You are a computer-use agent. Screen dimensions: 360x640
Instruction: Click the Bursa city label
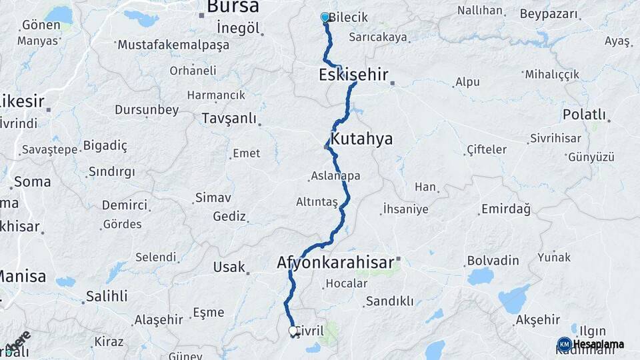(233, 7)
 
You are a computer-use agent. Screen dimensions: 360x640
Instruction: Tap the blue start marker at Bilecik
(325, 17)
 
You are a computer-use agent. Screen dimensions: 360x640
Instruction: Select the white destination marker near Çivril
(293, 331)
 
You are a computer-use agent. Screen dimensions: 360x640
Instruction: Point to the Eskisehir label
(353, 75)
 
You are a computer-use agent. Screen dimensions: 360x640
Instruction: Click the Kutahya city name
(362, 139)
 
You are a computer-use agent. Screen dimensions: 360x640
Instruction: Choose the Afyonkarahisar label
(335, 263)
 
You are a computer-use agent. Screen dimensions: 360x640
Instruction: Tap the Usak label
(229, 267)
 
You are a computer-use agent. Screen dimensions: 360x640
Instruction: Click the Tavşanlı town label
(229, 118)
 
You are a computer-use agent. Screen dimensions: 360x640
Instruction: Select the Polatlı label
(584, 114)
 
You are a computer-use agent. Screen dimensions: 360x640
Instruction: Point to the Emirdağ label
(505, 210)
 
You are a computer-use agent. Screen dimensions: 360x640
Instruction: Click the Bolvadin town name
(493, 259)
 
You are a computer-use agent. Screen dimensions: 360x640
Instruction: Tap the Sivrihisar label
(555, 139)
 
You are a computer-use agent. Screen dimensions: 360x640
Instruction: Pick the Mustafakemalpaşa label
(173, 45)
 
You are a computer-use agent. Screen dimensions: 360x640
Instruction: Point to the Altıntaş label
(317, 201)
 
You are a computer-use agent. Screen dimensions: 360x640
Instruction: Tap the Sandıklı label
(389, 301)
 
